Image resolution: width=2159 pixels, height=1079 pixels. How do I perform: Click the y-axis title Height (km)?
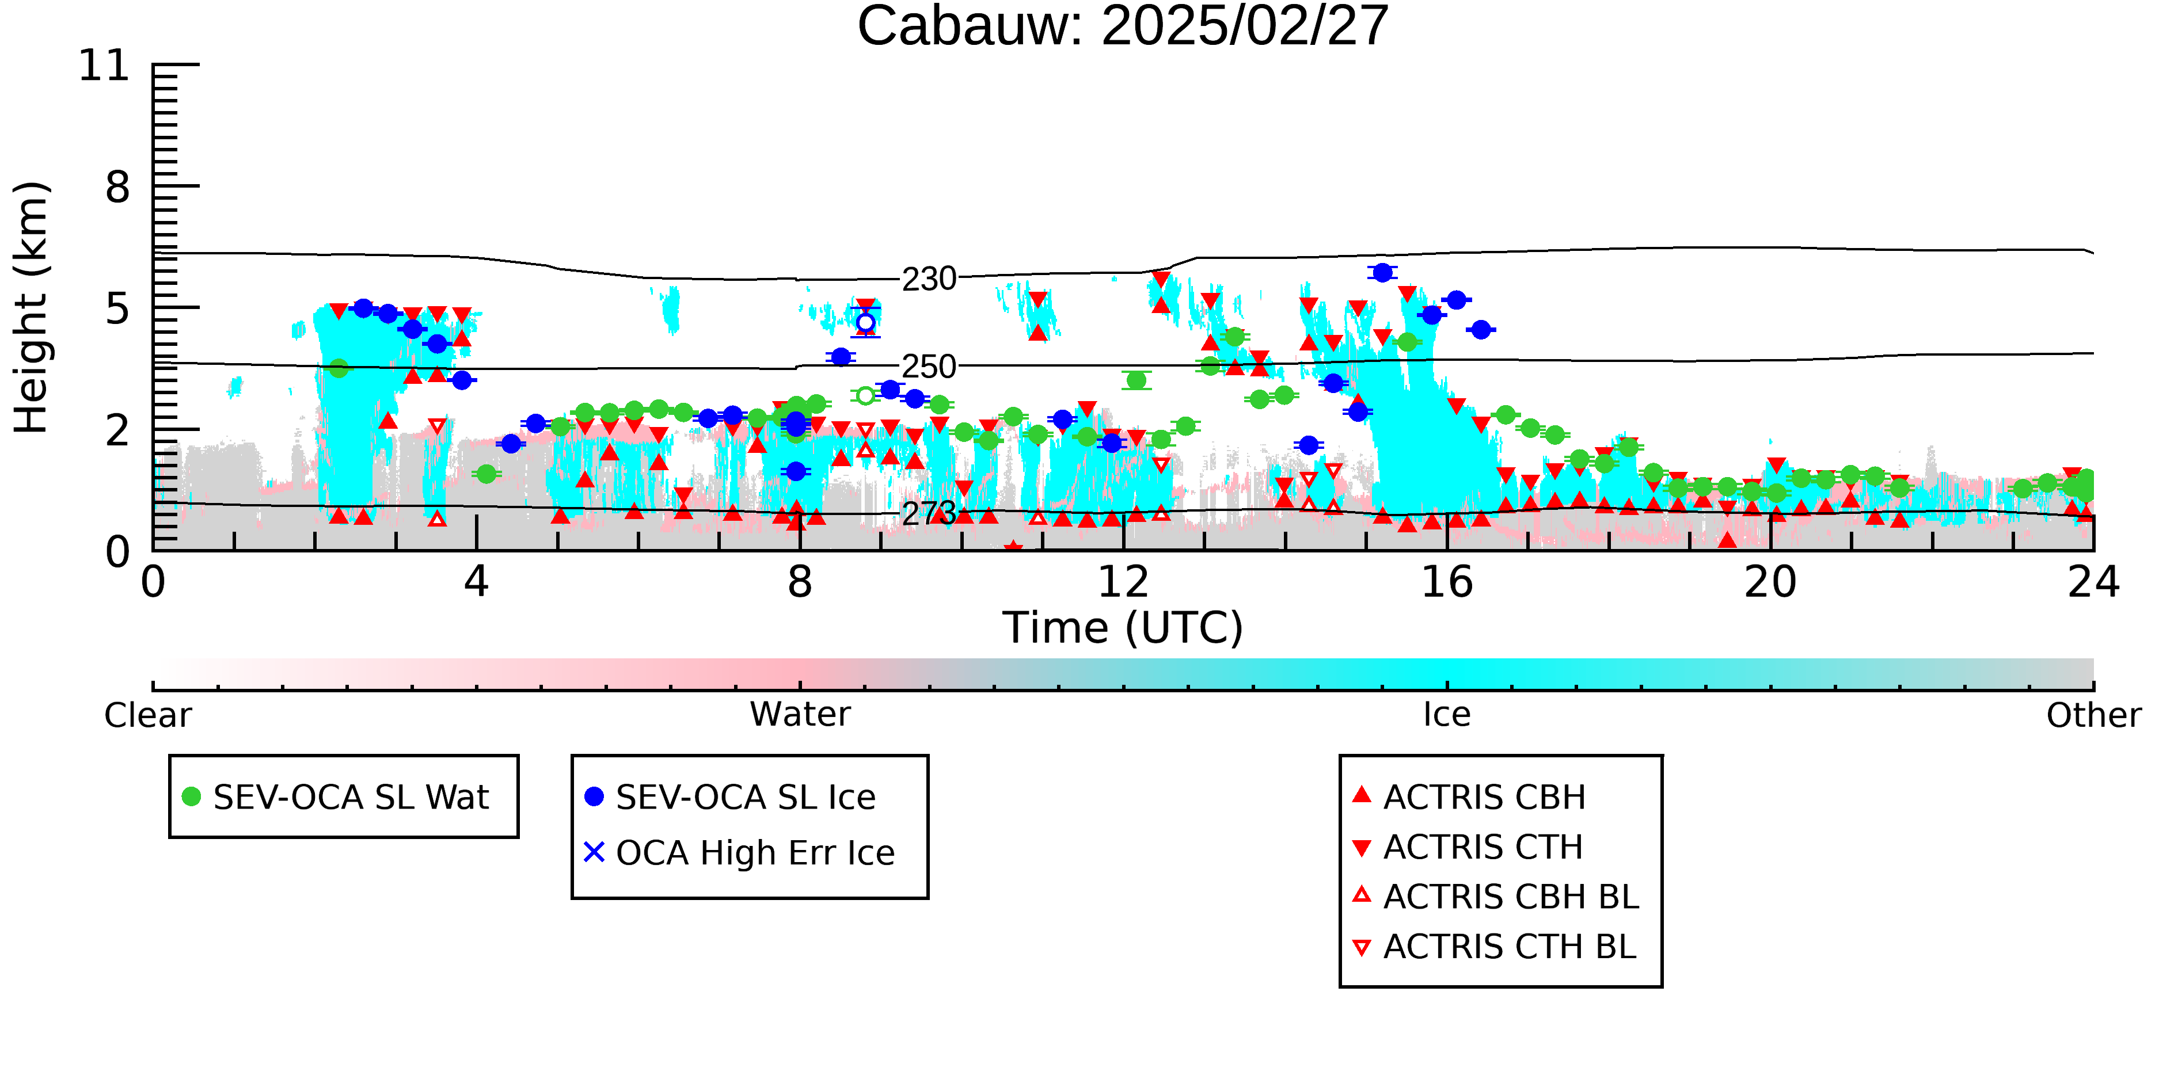click(31, 307)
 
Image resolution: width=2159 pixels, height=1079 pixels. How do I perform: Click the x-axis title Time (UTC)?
click(1122, 627)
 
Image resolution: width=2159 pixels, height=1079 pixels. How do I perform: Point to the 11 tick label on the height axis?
click(105, 66)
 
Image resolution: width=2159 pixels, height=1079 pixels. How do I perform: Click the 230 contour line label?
click(929, 279)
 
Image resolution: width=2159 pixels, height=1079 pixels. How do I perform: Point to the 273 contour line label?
click(929, 513)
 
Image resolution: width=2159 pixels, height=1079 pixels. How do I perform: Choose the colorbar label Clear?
click(147, 715)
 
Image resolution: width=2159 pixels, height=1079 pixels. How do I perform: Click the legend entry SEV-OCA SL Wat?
click(335, 796)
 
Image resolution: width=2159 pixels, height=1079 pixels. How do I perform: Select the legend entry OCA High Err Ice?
click(739, 853)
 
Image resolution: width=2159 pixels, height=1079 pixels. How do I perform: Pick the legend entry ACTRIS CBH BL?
click(1496, 897)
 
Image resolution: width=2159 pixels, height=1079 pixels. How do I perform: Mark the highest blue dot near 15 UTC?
click(1382, 272)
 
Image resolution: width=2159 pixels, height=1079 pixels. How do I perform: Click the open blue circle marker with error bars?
click(866, 322)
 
